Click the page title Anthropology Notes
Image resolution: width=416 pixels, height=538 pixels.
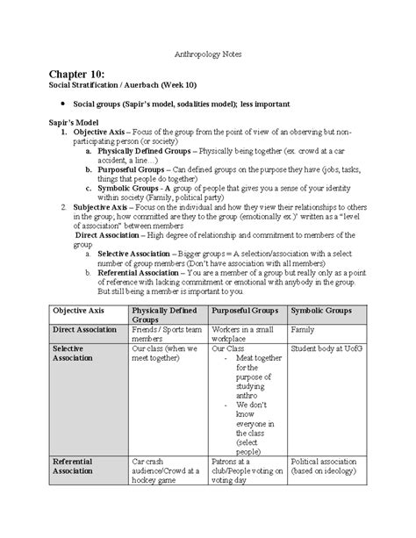tap(207, 54)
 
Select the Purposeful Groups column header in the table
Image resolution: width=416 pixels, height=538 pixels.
tap(245, 311)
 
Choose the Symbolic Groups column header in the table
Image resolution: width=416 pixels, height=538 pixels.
tap(322, 311)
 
